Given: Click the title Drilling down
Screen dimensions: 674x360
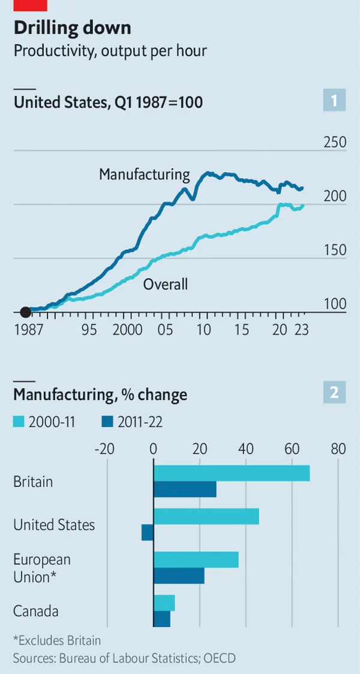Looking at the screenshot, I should click(73, 28).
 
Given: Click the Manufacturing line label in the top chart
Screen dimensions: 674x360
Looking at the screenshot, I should click(144, 174).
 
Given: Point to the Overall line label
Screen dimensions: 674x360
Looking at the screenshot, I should click(165, 284).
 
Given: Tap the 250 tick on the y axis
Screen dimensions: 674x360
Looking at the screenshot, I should click(335, 143).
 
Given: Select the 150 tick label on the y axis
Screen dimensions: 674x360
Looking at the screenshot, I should click(335, 250).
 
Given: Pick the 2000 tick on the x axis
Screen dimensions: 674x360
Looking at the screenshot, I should click(127, 330).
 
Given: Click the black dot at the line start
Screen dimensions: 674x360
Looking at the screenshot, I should click(25, 312).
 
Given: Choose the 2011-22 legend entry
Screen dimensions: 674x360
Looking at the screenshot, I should click(133, 422).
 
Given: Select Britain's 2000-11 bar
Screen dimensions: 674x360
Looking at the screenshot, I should click(232, 473).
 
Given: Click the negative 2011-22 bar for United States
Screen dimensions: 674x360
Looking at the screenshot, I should click(148, 532).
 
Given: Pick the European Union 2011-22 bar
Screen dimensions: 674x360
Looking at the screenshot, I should click(179, 576).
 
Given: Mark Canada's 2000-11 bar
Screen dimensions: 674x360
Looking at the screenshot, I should click(164, 603).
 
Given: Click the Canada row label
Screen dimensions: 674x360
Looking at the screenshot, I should click(36, 611).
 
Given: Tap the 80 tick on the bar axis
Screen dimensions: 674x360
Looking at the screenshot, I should click(338, 449).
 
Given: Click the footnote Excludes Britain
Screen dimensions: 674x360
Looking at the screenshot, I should click(56, 640).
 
